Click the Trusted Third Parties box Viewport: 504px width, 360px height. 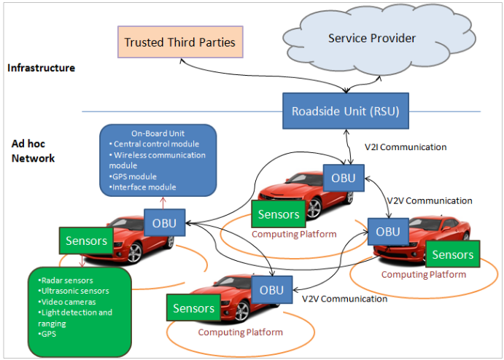pyautogui.click(x=179, y=42)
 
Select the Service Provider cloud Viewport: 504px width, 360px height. pyautogui.click(x=372, y=38)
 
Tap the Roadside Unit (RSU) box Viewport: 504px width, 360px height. pyautogui.click(x=344, y=111)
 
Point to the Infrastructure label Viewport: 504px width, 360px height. pyautogui.click(x=41, y=68)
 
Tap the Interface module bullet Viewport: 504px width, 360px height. pyautogui.click(x=145, y=188)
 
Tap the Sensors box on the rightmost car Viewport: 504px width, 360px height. pyautogui.click(x=452, y=254)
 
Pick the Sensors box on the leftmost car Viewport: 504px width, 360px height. pyautogui.click(x=86, y=240)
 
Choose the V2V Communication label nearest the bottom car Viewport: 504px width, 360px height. pyautogui.click(x=344, y=299)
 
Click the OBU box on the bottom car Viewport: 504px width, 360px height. pyautogui.click(x=266, y=289)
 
